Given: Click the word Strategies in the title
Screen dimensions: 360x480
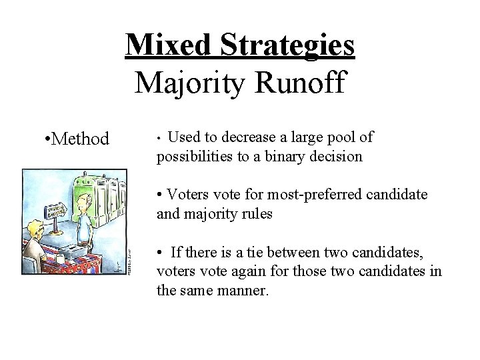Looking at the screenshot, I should (288, 45).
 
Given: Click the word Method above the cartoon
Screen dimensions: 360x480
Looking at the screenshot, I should (80, 139).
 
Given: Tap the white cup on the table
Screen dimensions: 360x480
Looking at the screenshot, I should (60, 259).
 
